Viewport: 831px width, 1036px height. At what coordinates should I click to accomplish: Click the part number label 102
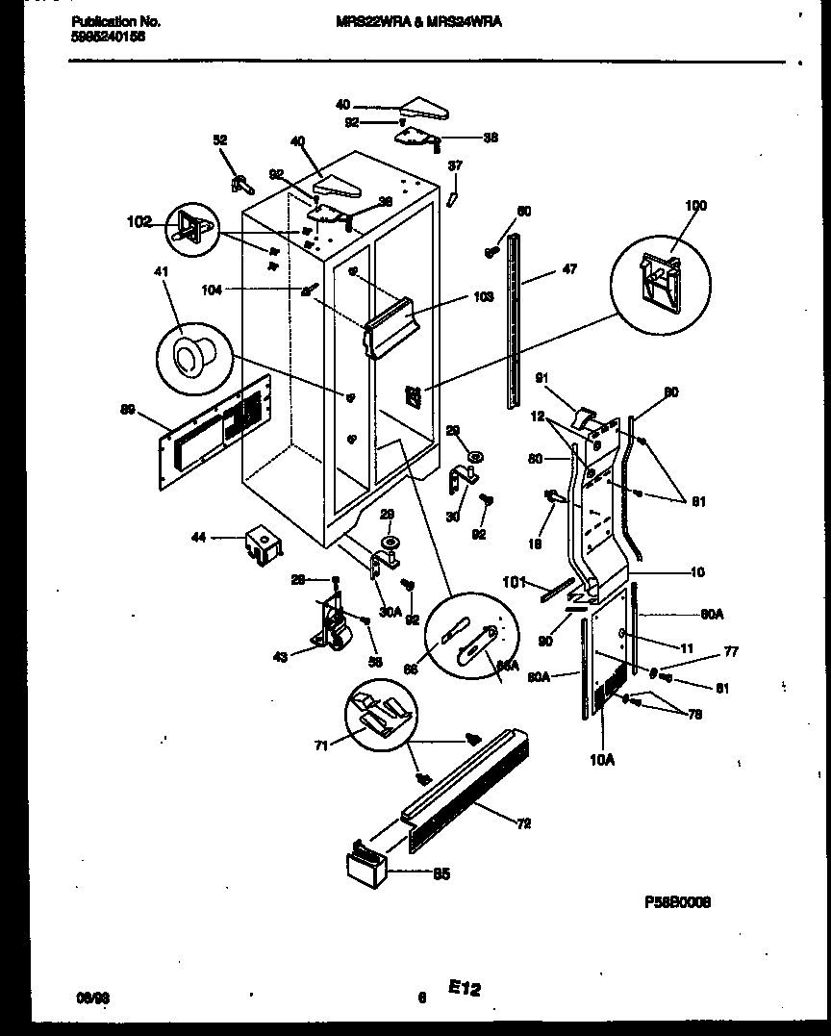tap(138, 222)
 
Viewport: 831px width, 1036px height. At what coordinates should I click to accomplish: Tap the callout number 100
tap(694, 206)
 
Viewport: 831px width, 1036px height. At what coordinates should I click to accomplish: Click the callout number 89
tap(126, 409)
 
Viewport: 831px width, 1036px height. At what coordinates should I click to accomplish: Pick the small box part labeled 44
tap(261, 545)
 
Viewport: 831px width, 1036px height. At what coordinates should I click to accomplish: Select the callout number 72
tap(523, 823)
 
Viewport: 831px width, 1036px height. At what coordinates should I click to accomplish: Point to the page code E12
tap(463, 988)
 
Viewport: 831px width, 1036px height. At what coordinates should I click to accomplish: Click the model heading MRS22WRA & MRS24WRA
tap(417, 20)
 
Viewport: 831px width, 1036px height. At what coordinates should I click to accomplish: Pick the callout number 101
tap(515, 580)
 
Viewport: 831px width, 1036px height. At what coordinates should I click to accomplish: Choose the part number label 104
tap(265, 288)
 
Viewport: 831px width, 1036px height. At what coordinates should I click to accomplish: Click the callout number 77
tap(731, 651)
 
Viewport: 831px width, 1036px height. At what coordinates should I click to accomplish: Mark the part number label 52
tap(220, 140)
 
